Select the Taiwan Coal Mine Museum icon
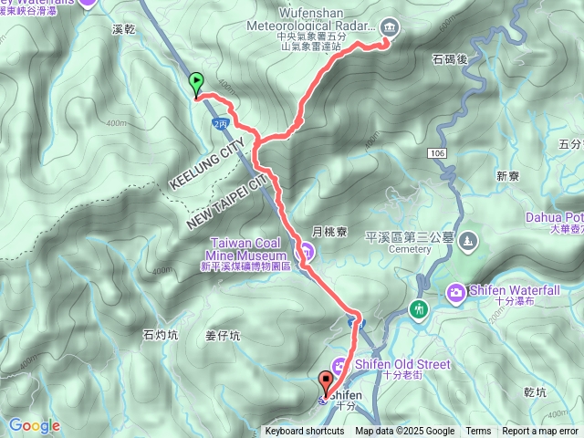[x=308, y=251]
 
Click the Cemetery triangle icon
[x=468, y=241]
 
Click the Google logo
[x=34, y=425]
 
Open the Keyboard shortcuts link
[x=305, y=432]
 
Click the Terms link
[x=478, y=432]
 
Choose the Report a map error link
[x=540, y=432]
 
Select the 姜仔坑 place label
[x=223, y=336]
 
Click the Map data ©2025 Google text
[x=405, y=432]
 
